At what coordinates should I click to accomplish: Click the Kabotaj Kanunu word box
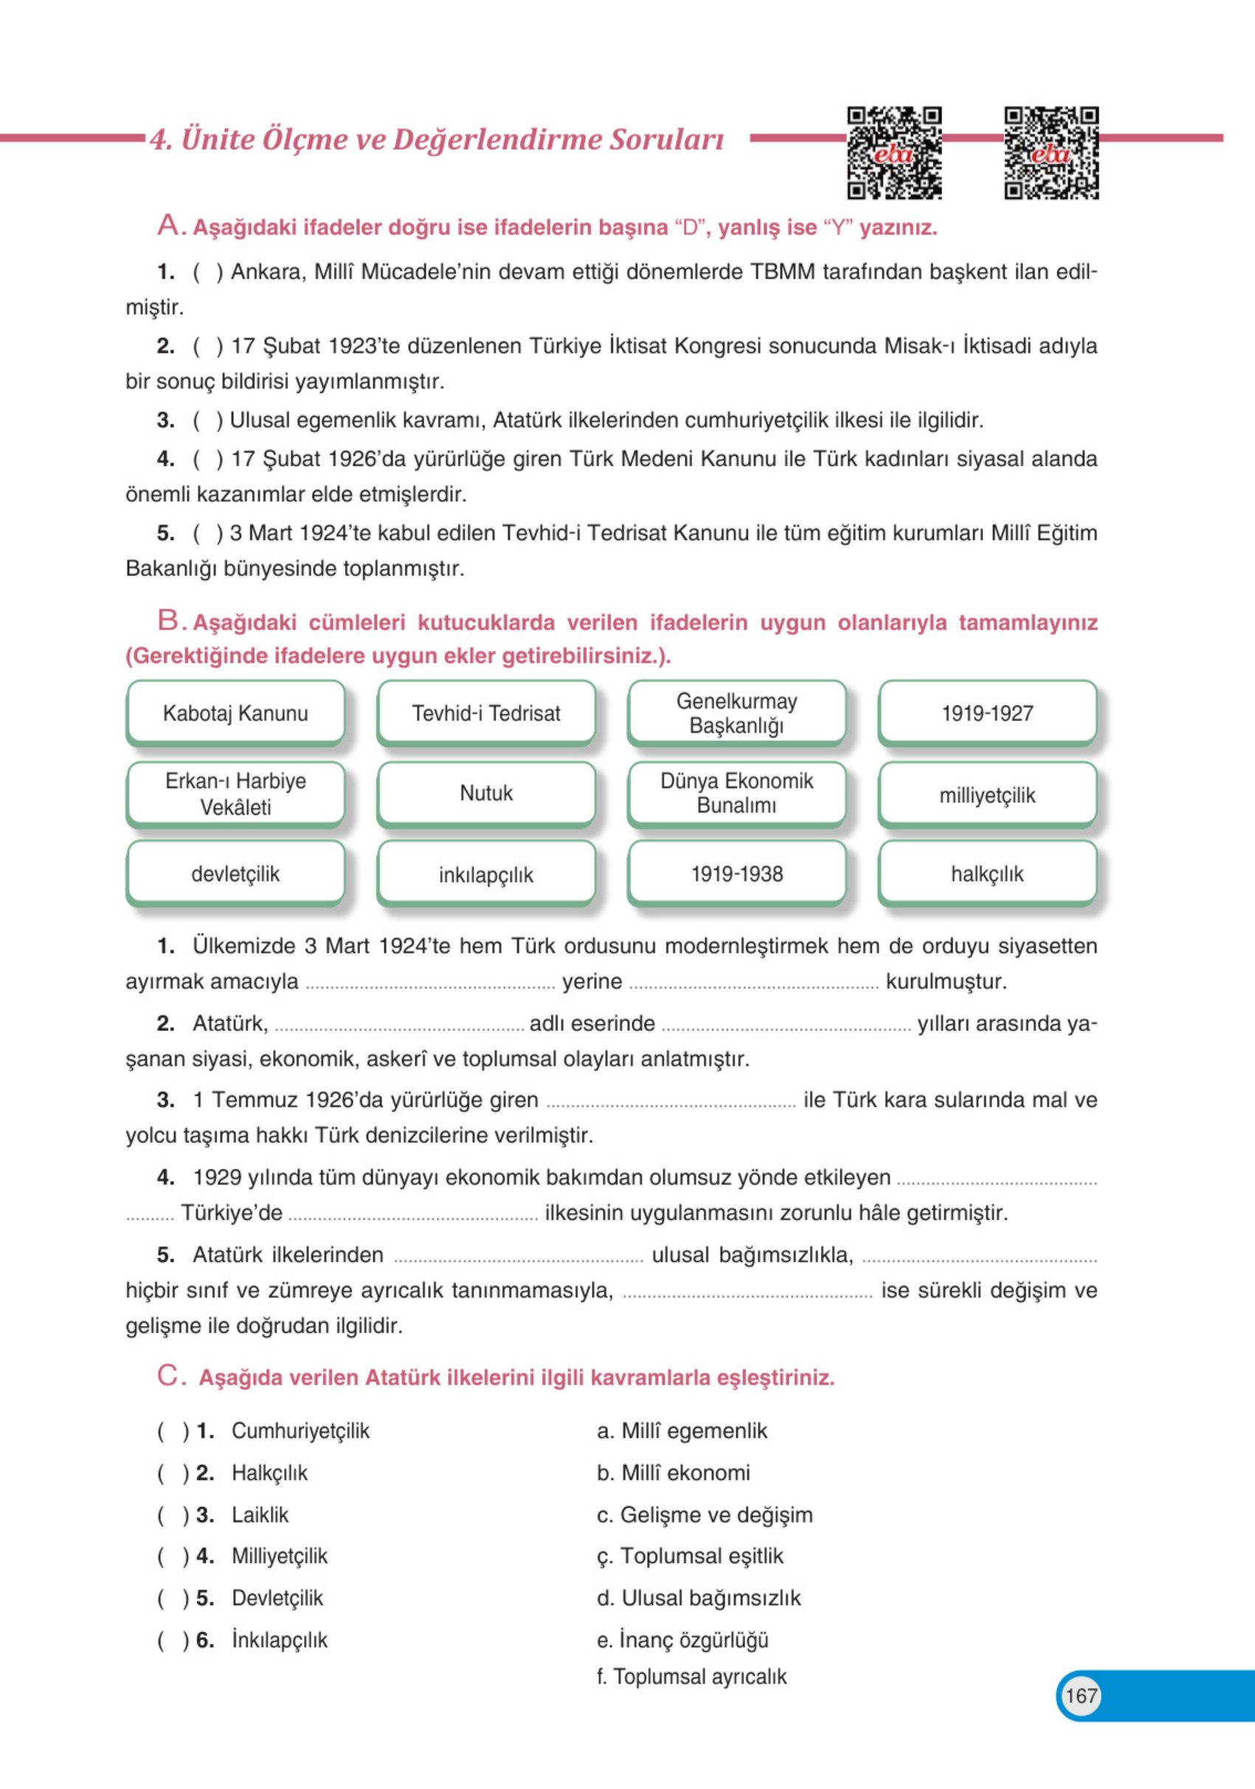coord(235,713)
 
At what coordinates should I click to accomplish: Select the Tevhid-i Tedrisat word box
coord(486,713)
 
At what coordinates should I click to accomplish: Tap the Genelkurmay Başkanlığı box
coord(737,713)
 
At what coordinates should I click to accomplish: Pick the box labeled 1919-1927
coord(987,713)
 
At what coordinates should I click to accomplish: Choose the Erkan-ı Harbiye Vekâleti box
coord(235,794)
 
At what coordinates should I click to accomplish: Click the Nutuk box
coord(486,794)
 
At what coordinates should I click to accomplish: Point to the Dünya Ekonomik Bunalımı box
coord(737,794)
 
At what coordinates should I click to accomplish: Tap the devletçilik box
coord(235,875)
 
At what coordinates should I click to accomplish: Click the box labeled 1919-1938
coord(737,875)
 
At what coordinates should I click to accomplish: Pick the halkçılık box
coord(987,875)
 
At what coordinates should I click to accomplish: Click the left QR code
coord(894,154)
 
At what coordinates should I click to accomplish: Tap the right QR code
coord(1051,154)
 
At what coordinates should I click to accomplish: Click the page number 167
coord(1080,1695)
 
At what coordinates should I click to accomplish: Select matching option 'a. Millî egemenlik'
coord(682,1430)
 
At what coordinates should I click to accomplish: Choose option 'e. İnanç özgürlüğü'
coord(682,1639)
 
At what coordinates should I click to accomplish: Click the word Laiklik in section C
coord(260,1514)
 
